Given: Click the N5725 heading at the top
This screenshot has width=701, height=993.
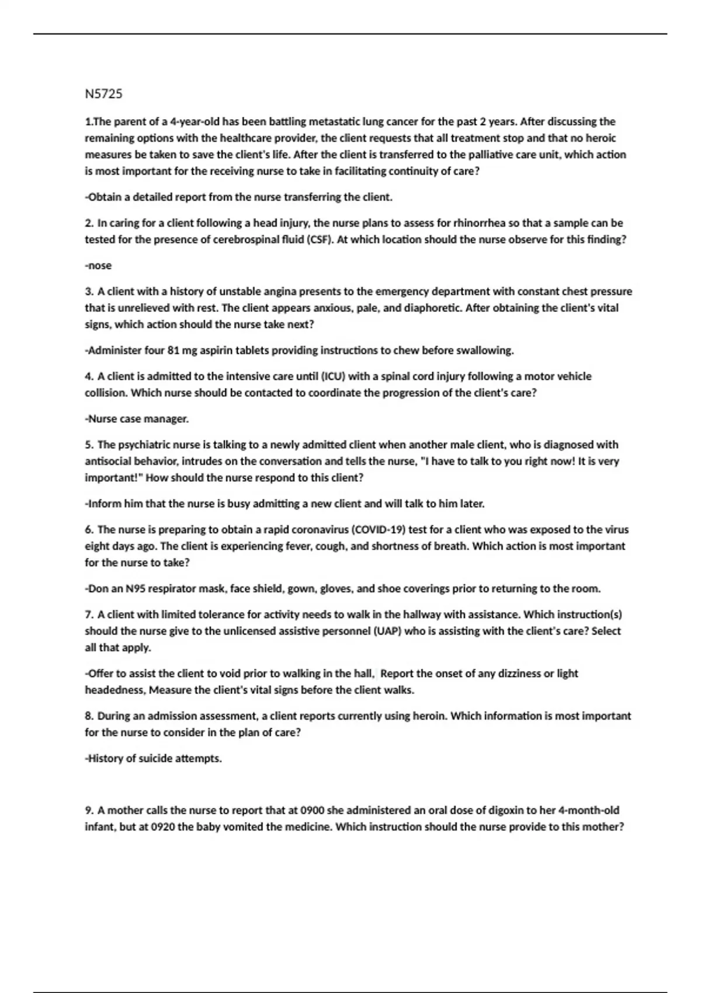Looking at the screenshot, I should (103, 94).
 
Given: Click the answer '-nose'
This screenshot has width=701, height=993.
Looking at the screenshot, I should (98, 266).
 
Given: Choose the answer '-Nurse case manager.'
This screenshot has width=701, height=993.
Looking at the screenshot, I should (137, 419).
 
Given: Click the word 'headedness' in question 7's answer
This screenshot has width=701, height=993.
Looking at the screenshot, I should (114, 690).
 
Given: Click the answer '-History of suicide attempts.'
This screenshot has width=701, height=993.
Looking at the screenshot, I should (154, 759).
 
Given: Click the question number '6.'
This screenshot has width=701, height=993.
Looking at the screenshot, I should (89, 530).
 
